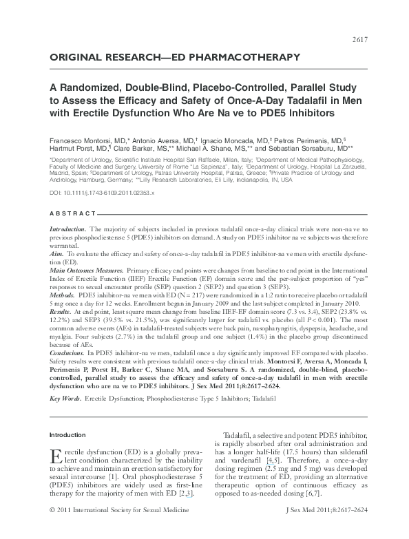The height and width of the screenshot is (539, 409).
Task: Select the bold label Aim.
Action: click(x=57, y=273)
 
